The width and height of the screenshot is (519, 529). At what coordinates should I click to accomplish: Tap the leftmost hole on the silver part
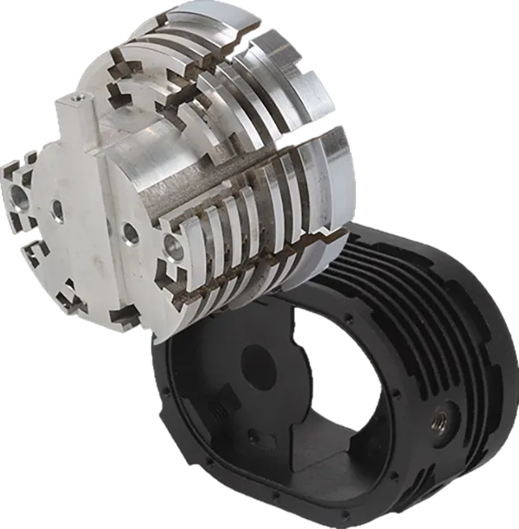pyautogui.click(x=16, y=198)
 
